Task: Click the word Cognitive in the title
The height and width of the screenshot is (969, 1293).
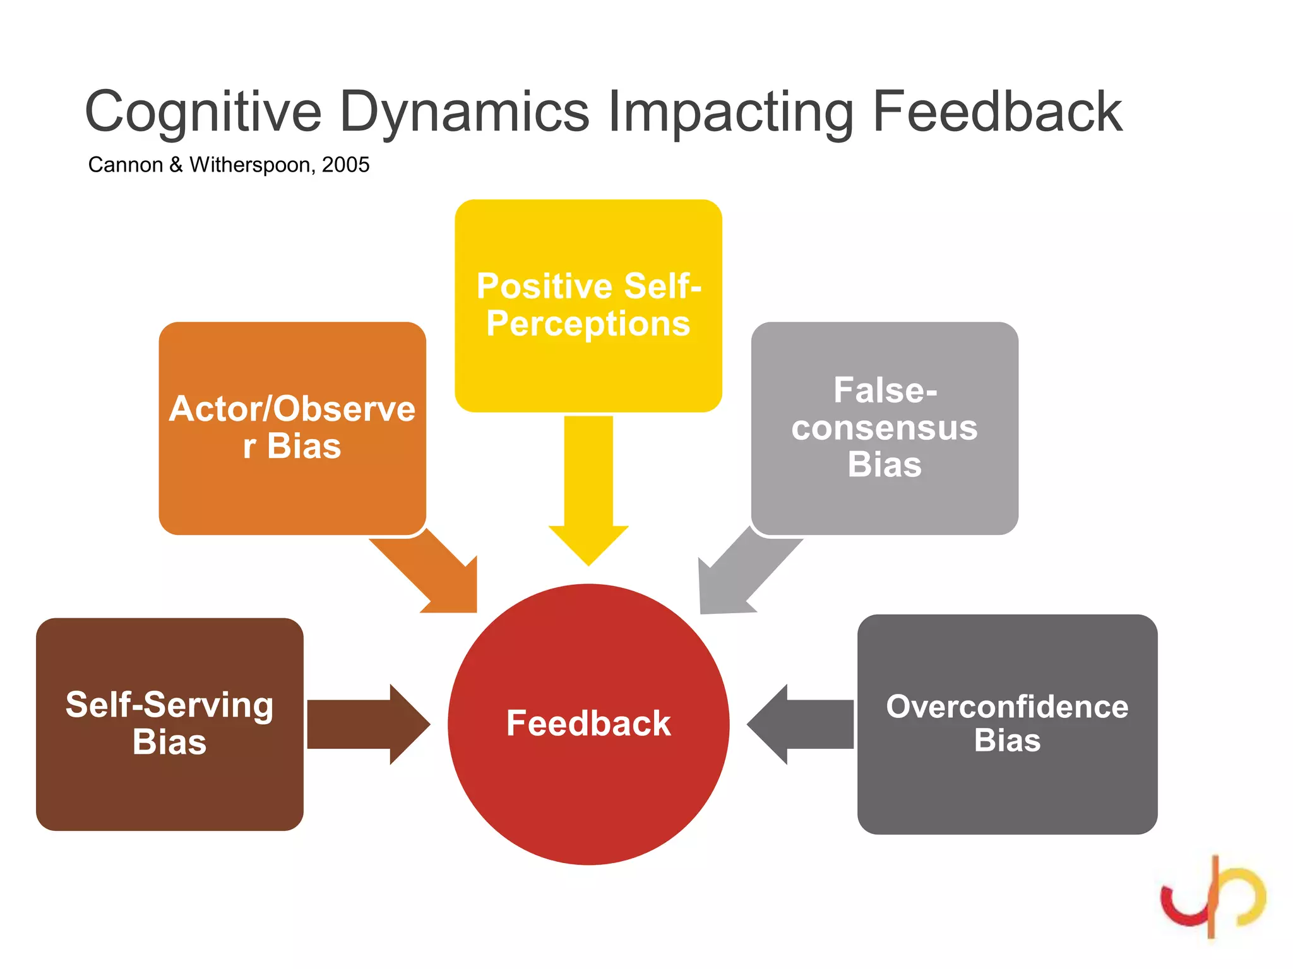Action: [203, 112]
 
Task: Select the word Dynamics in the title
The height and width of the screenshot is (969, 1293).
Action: [464, 112]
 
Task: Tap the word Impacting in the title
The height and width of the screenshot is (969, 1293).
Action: [730, 112]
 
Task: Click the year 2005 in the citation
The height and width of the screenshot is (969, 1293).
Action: [345, 165]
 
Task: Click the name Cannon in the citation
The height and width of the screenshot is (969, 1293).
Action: [125, 165]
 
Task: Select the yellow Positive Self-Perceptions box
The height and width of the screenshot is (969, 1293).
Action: [588, 305]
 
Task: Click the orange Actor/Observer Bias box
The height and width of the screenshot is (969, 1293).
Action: [292, 428]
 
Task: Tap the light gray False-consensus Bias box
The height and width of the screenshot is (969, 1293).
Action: [884, 428]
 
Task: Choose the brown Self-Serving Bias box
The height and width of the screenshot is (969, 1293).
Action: [169, 724]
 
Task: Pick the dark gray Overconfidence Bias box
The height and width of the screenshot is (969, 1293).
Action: [1006, 724]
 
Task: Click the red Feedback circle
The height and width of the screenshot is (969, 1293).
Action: [588, 724]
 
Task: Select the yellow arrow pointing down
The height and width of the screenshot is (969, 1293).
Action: [588, 492]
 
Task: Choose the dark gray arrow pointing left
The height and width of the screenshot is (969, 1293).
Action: [805, 724]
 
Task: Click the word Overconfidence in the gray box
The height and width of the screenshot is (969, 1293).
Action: [1006, 706]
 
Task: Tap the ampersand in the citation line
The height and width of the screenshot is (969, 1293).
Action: [176, 165]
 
